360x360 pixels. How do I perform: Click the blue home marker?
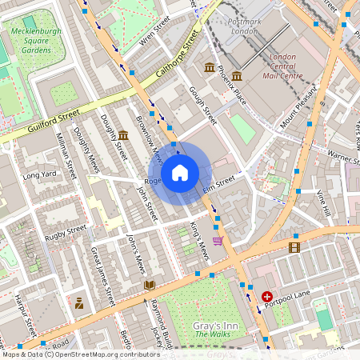coord(180,173)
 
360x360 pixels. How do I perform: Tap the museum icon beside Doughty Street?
coord(123,135)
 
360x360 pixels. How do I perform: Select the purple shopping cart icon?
coord(218,240)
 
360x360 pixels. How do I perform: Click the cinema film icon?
coord(294,247)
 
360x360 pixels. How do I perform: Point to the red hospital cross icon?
coord(266,296)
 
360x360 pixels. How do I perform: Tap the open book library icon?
coord(149,285)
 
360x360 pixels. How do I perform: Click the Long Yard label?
coord(39,174)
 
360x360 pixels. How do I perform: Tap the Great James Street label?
coord(102,276)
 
